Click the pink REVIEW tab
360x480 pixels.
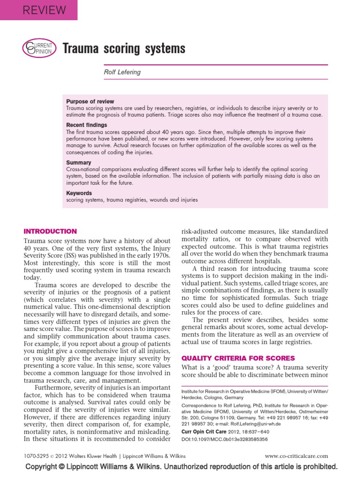[38, 9]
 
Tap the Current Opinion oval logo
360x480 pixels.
[39, 48]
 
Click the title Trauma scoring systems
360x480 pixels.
[124, 48]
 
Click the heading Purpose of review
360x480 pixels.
[90, 101]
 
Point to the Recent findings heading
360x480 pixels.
[87, 125]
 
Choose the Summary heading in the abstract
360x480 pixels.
[79, 163]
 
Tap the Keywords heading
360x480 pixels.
[79, 193]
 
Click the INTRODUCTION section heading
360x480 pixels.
[50, 231]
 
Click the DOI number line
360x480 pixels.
[225, 439]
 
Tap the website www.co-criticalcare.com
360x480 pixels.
[296, 456]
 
